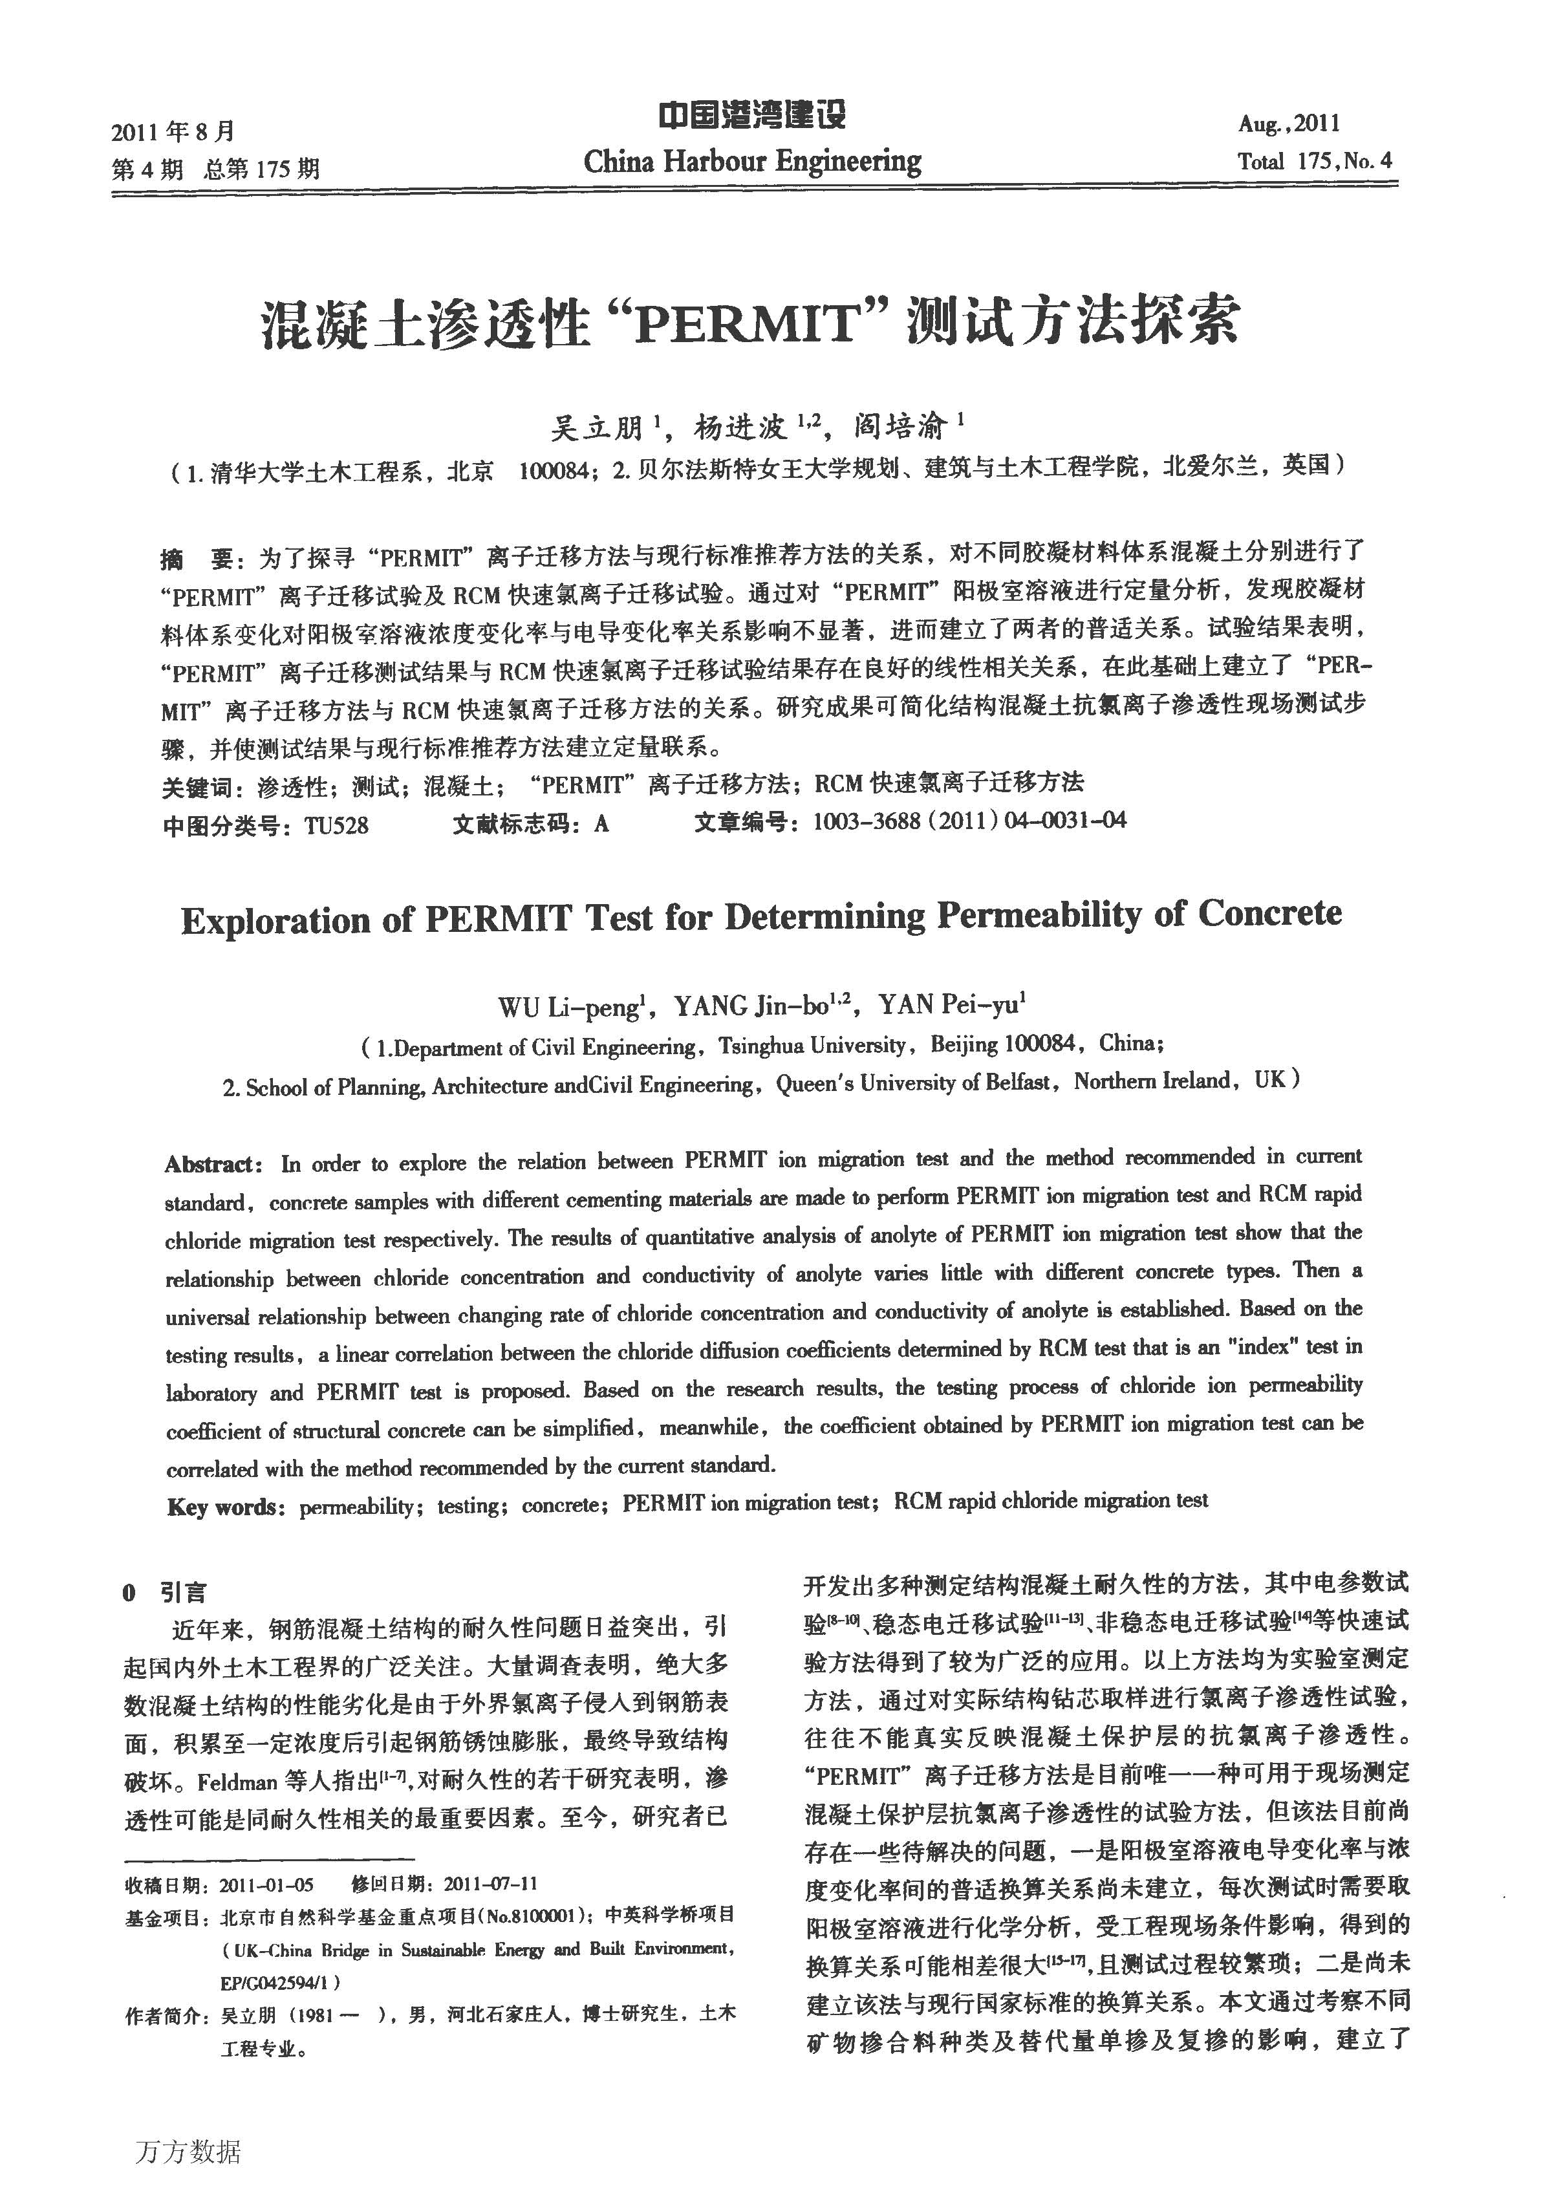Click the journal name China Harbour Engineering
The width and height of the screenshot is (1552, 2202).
(752, 161)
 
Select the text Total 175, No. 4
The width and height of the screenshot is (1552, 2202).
(1314, 161)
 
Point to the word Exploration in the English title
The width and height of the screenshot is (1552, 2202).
(276, 921)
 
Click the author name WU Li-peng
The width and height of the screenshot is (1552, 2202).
(568, 1007)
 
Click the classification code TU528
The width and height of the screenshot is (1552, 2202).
(336, 825)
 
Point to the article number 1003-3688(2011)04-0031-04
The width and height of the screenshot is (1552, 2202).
(969, 821)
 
